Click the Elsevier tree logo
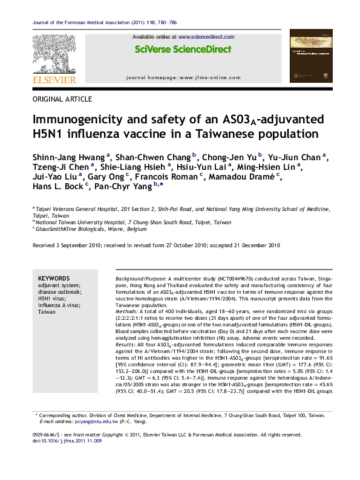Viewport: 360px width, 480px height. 54,54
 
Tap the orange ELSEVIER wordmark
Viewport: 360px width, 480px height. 54,80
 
